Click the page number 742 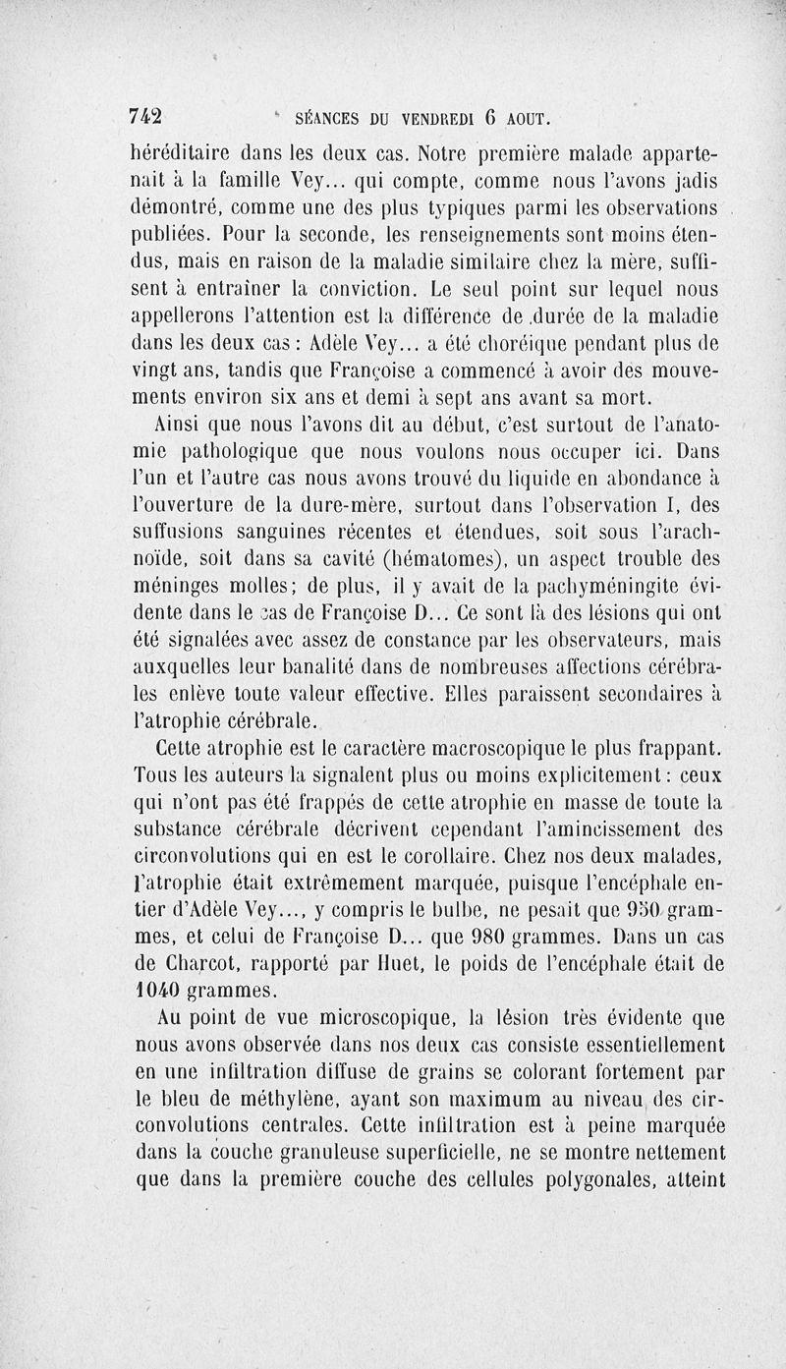point(146,116)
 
